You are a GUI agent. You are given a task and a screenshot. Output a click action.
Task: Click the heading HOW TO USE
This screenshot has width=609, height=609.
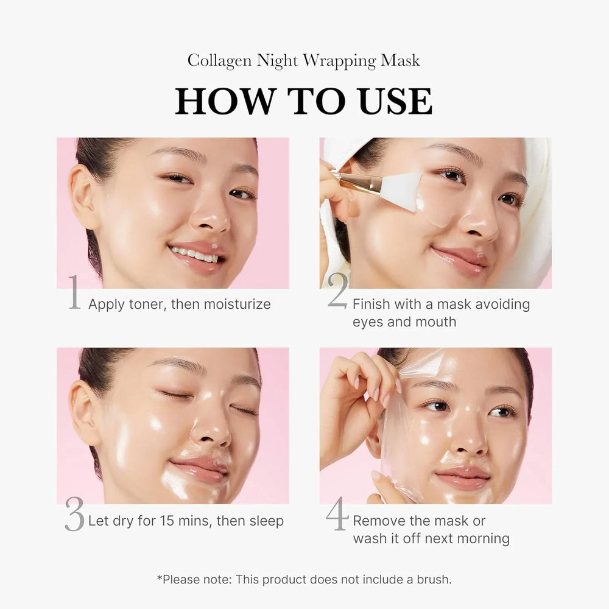point(304,101)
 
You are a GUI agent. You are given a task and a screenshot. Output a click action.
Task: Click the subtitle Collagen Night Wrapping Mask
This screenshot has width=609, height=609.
point(304,60)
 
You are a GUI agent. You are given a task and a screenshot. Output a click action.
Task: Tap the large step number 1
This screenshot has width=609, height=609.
point(74,293)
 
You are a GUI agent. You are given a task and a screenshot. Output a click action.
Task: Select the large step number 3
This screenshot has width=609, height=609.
point(74,515)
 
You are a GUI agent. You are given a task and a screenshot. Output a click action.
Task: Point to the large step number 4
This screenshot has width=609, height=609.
point(337,515)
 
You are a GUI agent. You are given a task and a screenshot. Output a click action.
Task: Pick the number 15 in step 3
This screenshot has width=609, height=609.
point(168,521)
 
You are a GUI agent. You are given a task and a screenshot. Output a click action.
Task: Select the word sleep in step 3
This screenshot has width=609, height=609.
point(264,521)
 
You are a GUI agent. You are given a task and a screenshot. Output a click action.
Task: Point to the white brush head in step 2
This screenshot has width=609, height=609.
point(402,191)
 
